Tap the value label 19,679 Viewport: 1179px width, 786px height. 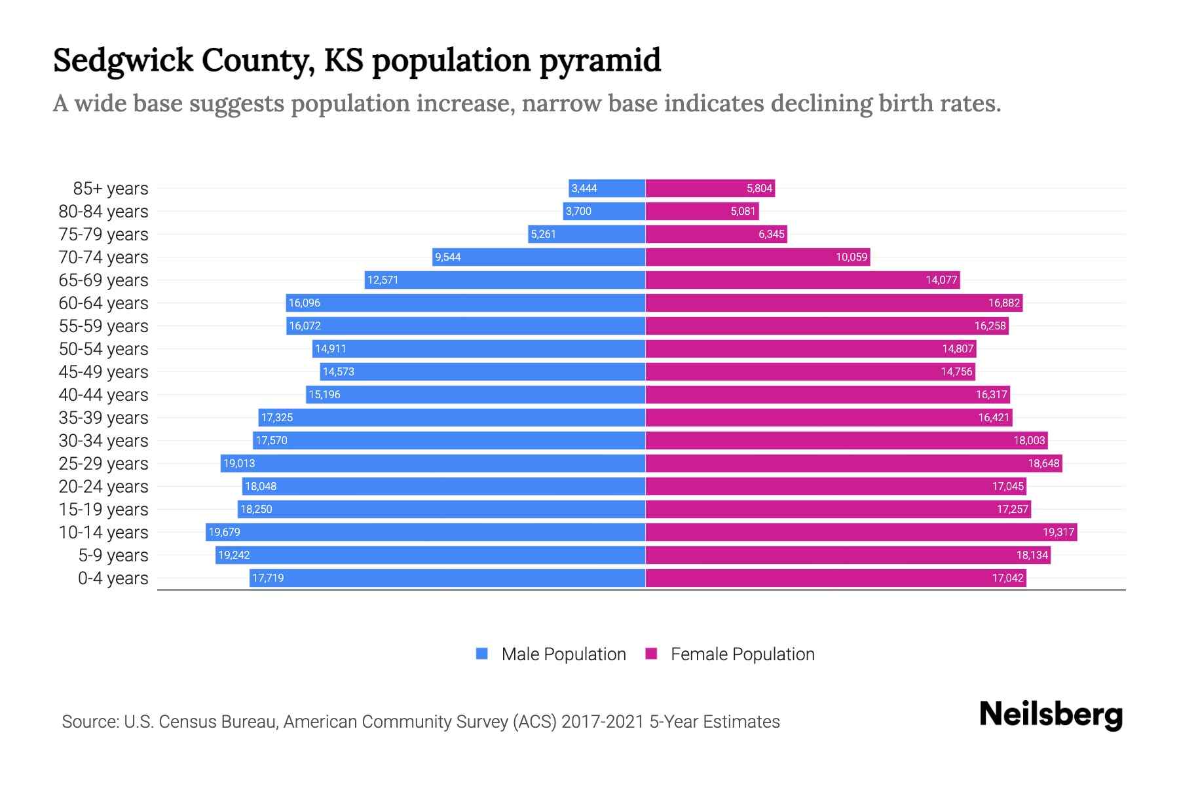224,533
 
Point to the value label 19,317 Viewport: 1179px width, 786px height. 1058,533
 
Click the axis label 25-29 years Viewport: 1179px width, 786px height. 103,464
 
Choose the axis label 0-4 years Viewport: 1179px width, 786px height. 113,578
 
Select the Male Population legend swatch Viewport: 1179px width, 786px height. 482,654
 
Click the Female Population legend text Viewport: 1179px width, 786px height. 742,654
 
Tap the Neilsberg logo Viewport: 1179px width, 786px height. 1051,715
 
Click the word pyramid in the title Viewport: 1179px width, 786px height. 600,61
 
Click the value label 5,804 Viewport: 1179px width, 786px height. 759,189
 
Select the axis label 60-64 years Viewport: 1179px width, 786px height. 103,303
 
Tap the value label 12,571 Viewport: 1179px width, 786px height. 383,280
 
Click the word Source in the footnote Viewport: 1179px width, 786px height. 89,722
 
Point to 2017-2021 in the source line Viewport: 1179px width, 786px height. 603,722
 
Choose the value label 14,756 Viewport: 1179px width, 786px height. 956,372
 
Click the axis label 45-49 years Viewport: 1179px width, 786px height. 103,372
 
